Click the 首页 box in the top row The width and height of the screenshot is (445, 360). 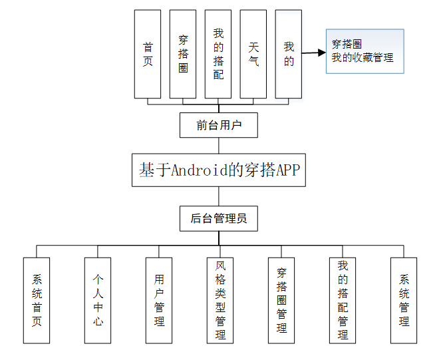[x=148, y=54]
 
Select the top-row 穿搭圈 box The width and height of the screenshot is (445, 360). [x=183, y=54]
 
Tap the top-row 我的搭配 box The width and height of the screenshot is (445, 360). [x=218, y=54]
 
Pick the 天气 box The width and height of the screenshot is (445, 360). [x=253, y=54]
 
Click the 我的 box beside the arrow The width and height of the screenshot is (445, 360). [x=289, y=54]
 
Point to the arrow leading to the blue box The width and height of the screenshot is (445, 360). [x=313, y=53]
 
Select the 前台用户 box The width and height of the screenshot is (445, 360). [x=219, y=125]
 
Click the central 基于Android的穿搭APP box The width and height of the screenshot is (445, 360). [x=219, y=170]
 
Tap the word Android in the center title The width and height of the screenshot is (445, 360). [x=198, y=170]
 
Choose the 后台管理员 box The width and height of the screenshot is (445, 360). [x=219, y=218]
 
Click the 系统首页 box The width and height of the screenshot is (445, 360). [x=37, y=300]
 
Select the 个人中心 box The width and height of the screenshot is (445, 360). [x=98, y=300]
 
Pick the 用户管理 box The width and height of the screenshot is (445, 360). [x=159, y=300]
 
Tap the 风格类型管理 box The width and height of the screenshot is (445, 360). [x=220, y=300]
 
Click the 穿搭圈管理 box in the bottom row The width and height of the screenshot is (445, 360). [x=281, y=300]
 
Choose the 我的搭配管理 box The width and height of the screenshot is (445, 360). [x=343, y=300]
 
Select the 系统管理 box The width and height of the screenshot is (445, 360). [x=404, y=300]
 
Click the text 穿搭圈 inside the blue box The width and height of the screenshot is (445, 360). [x=347, y=45]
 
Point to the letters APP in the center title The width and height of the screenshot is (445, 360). [x=287, y=170]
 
